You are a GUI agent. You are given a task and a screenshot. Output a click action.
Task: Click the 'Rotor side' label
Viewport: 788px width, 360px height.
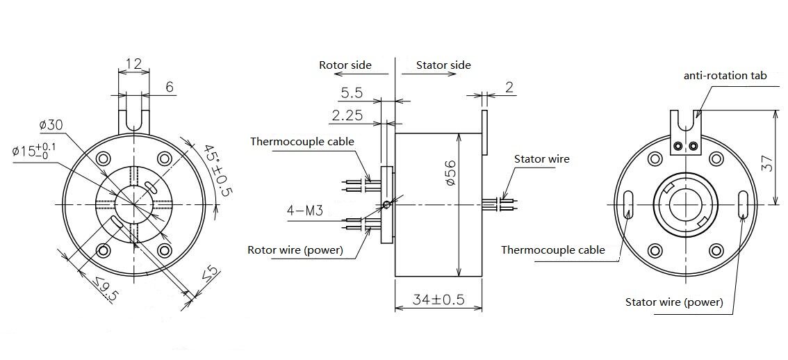[345, 65]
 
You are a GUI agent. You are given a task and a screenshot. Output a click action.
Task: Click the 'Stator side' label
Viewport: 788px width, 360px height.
[443, 65]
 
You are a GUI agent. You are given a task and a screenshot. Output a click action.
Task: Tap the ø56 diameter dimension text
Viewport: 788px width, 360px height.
[450, 172]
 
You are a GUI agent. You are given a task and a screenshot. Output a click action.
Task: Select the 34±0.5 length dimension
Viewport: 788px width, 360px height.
[438, 300]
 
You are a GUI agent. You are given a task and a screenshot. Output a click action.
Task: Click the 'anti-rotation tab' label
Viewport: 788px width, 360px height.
[725, 76]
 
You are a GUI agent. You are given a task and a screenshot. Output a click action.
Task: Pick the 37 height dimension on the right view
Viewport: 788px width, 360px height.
[767, 164]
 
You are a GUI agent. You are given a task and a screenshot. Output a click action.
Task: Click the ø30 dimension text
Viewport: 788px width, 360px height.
[51, 125]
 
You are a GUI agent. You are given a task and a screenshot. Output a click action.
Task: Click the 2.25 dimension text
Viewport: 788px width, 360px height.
[347, 115]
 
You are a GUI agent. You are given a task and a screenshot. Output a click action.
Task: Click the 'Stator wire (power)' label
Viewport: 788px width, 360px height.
[674, 302]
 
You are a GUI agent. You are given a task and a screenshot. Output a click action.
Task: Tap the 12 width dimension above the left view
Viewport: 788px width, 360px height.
[133, 64]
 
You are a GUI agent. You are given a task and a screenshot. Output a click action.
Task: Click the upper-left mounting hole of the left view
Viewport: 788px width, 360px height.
[104, 158]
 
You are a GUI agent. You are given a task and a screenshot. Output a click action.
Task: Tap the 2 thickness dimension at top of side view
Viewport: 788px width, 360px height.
[509, 87]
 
